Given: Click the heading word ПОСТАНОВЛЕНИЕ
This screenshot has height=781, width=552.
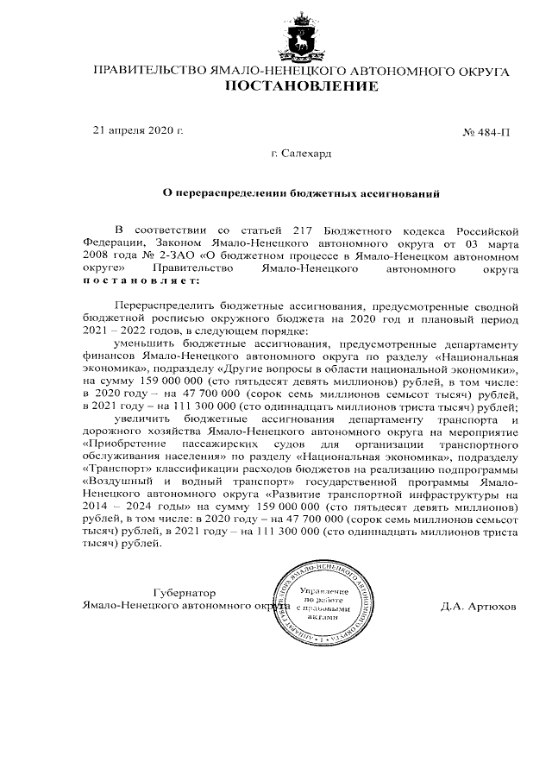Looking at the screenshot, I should click(x=301, y=86).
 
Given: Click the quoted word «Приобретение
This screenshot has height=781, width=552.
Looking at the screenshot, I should click(x=122, y=442).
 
